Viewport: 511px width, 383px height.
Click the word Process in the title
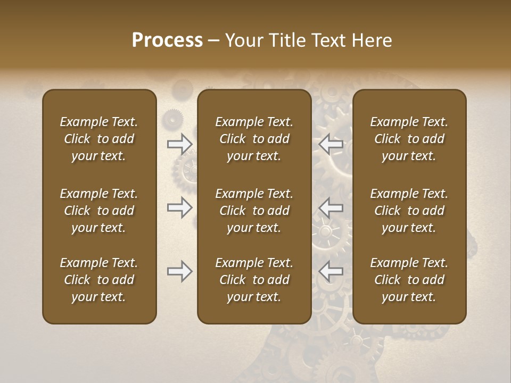click(167, 40)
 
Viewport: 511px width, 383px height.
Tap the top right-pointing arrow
click(180, 144)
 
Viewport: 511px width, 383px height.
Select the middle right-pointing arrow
click(180, 207)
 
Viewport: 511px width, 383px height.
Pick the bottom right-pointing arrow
click(180, 272)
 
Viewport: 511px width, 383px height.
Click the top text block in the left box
click(99, 139)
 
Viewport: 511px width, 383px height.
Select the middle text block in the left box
click(99, 211)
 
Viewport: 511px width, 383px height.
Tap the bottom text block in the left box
click(99, 280)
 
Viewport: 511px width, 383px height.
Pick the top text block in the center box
click(254, 139)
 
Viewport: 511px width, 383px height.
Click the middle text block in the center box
click(254, 211)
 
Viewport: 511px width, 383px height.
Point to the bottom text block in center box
click(254, 280)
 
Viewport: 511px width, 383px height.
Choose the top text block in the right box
click(409, 139)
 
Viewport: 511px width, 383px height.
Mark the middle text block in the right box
click(409, 211)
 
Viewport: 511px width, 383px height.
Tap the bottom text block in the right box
click(409, 280)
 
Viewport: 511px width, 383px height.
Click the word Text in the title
click(326, 40)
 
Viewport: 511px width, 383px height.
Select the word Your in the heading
click(244, 40)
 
